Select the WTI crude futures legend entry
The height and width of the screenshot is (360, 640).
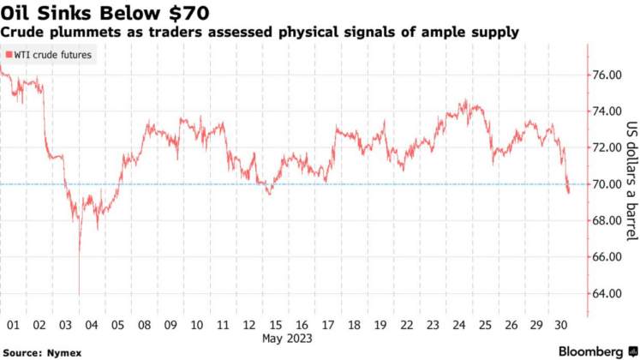tap(49, 55)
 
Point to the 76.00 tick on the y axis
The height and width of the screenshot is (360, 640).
tap(607, 75)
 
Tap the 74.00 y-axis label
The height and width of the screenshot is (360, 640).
tap(607, 111)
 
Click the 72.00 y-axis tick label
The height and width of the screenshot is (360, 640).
tap(607, 147)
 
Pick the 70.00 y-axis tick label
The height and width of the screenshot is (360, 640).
tap(607, 184)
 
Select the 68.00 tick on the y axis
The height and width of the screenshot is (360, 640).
tap(607, 220)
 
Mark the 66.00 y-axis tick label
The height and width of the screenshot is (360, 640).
tap(607, 257)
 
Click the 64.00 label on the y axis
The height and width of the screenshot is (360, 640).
tap(607, 293)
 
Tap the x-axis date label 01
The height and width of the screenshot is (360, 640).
tap(13, 326)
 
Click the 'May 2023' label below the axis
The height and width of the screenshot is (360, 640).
tap(287, 339)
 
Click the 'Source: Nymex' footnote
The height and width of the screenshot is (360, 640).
tap(39, 351)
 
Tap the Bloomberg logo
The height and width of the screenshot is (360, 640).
tap(591, 351)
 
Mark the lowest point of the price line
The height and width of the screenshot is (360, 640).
tap(79, 295)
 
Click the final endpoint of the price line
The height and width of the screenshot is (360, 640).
tap(569, 192)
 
